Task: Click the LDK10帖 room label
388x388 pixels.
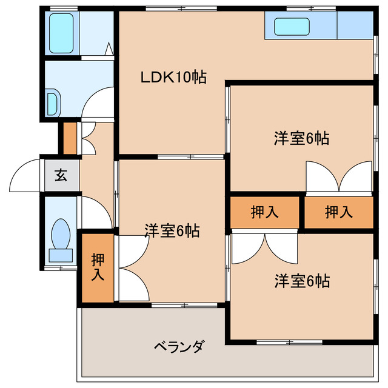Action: tap(173, 77)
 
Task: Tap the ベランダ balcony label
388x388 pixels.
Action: tap(179, 347)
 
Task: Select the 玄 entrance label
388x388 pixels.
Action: tap(61, 176)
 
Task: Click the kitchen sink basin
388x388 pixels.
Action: tap(292, 27)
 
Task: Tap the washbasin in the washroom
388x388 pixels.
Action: tap(52, 103)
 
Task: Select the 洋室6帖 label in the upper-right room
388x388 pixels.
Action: tap(301, 138)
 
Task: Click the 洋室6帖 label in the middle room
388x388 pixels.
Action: tap(172, 231)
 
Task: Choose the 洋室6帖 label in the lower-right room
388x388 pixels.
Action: tap(301, 281)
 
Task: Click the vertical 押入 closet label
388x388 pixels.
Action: tap(98, 267)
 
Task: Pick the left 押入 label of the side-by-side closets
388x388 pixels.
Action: tap(265, 212)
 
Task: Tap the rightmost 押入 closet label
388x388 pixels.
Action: tap(338, 212)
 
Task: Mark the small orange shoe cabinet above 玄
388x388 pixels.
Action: tap(70, 138)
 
